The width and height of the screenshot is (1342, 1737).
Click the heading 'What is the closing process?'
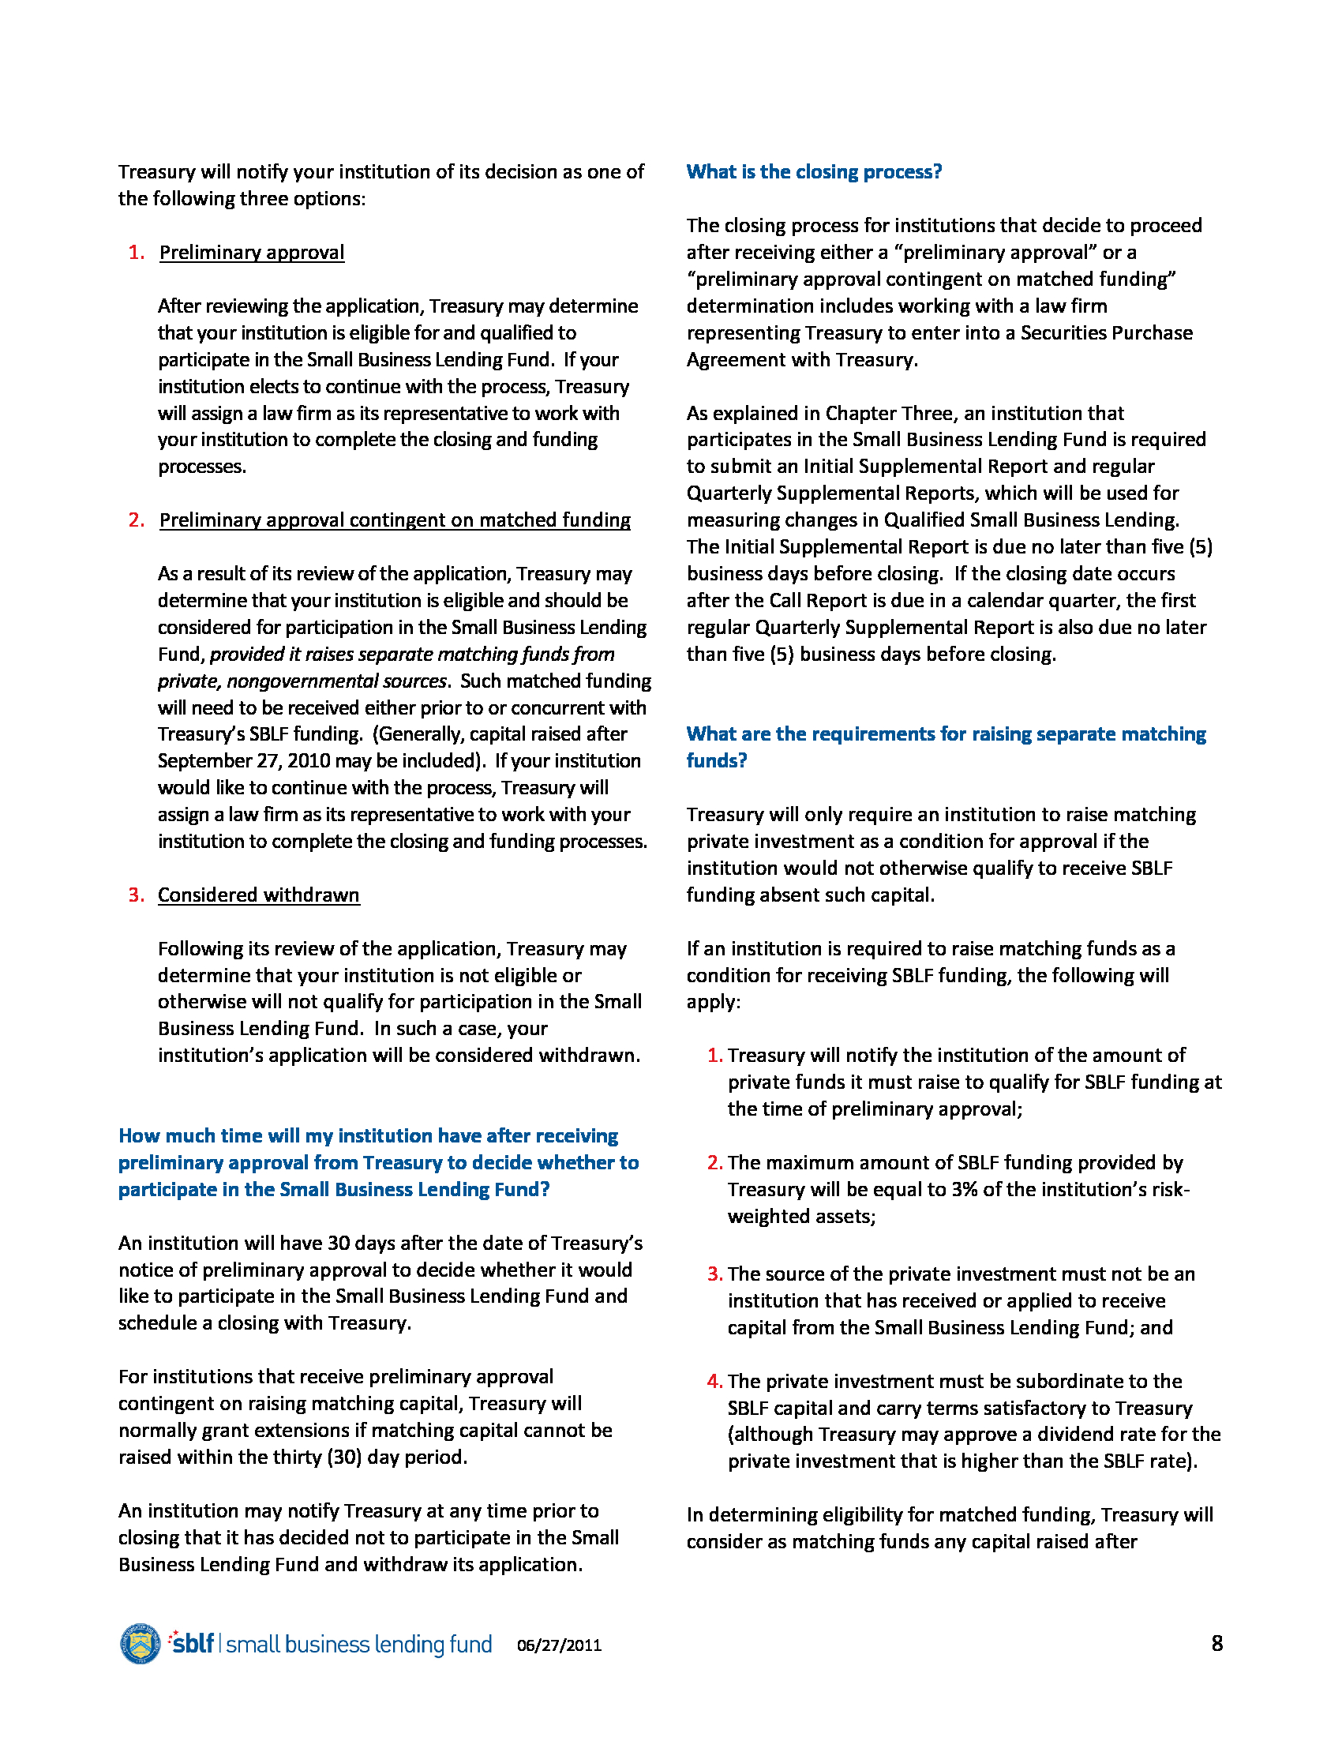tap(813, 172)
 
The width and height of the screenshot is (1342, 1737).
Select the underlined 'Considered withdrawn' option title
tap(258, 895)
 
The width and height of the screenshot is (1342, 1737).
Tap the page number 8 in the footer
tap(1216, 1643)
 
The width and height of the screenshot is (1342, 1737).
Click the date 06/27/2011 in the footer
tap(559, 1645)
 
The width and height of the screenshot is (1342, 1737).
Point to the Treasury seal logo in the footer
tap(140, 1643)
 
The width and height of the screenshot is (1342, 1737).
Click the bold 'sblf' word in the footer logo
tap(193, 1643)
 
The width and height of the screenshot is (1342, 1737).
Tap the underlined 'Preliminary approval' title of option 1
tap(251, 252)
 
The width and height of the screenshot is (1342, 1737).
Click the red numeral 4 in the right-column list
tap(713, 1382)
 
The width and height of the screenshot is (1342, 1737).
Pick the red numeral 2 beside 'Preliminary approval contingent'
tap(136, 520)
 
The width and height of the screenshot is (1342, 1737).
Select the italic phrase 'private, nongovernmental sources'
tap(302, 681)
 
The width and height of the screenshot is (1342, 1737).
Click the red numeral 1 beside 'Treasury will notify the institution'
tap(713, 1056)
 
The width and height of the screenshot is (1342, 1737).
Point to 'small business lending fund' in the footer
tap(358, 1644)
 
